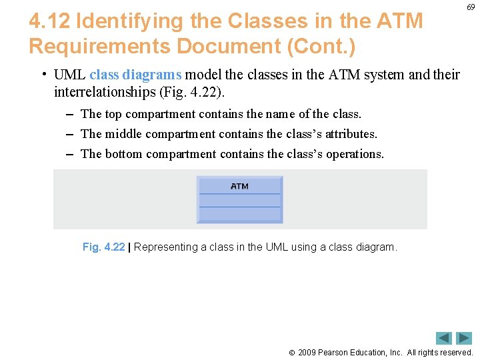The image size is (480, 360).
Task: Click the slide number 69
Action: (x=471, y=7)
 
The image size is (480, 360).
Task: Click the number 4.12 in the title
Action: (x=50, y=21)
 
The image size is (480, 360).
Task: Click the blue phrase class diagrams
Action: (x=135, y=74)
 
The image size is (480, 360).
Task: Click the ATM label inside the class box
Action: (x=239, y=186)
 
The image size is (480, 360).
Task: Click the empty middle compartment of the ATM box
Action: (x=239, y=201)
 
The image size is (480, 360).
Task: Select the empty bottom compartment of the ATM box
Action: (x=239, y=215)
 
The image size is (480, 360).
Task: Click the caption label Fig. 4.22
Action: (x=103, y=247)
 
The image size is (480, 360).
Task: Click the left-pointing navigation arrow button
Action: (x=444, y=338)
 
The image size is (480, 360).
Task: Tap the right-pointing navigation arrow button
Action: (x=464, y=338)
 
